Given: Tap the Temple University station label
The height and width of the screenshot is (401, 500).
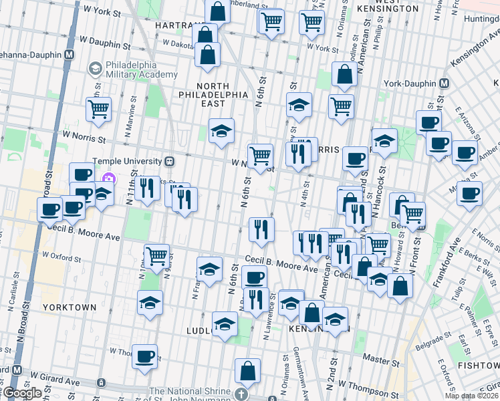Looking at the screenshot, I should click(x=128, y=161).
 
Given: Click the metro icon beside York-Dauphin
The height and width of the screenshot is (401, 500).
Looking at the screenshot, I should click(x=443, y=84).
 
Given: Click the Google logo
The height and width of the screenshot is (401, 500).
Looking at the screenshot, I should click(x=22, y=393).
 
